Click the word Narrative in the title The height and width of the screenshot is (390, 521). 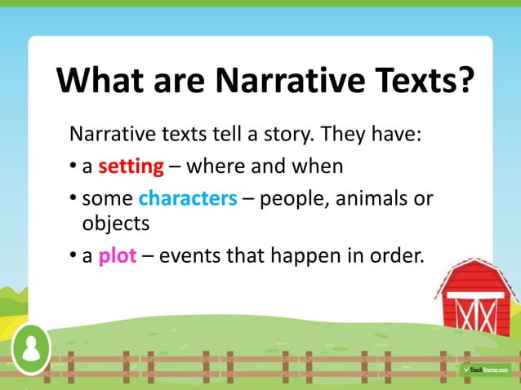coord(275,82)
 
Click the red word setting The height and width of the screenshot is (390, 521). coord(131,167)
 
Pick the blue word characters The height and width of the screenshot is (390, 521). coord(188,198)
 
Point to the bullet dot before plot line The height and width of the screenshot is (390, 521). coord(73,256)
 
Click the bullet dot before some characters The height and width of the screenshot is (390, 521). coord(73,199)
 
